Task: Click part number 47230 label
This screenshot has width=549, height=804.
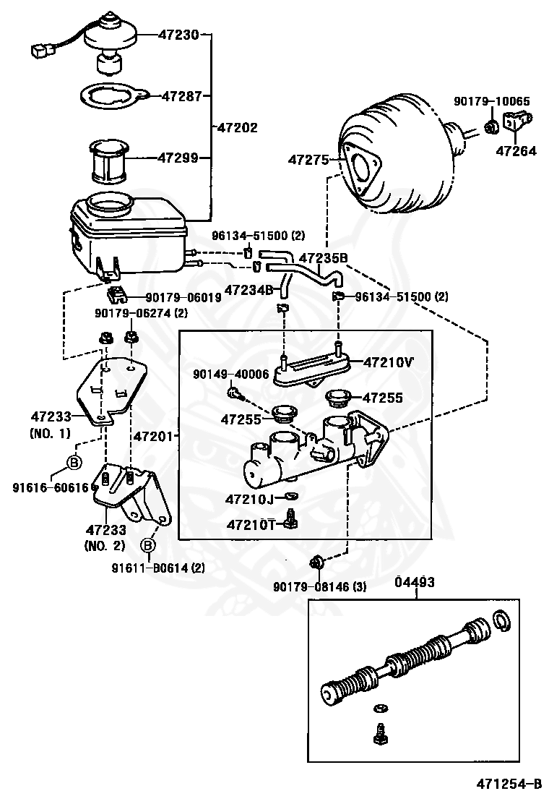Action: coord(178,35)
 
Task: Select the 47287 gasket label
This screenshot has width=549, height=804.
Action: coord(182,96)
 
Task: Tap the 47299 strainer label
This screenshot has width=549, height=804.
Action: coord(178,158)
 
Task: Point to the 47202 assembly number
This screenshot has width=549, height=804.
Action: coord(238,127)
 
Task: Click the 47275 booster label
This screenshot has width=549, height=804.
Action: coord(308,160)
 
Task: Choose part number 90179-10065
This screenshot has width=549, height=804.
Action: coord(492,101)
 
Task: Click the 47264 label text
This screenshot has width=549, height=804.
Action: coord(516,150)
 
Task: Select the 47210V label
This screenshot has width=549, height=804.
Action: coord(388,362)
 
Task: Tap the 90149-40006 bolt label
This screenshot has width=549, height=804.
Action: coord(230,375)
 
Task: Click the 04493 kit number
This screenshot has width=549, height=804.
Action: coord(415,583)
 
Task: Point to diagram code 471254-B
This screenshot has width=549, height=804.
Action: coord(509,784)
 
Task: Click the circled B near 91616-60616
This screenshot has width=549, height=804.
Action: coord(74,463)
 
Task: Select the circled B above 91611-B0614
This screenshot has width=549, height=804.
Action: coord(148,545)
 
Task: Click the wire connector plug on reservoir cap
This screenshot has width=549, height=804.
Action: coord(41,51)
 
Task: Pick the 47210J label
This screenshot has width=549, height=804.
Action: coord(250,499)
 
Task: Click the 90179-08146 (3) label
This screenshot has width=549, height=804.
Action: coord(319,586)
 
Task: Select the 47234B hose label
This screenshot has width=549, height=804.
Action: coord(249,290)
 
